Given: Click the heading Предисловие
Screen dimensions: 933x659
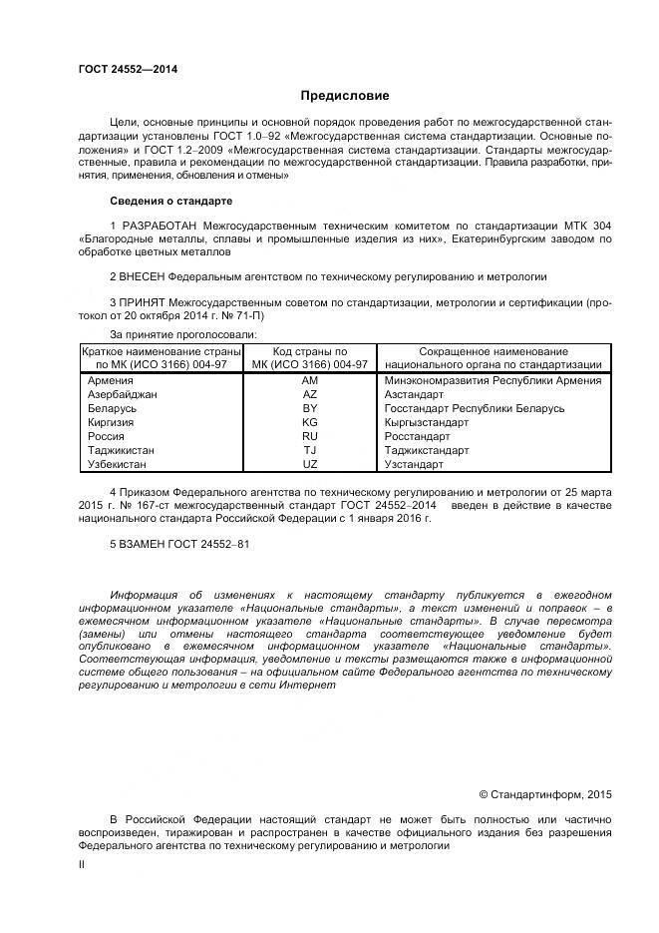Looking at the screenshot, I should (x=345, y=96).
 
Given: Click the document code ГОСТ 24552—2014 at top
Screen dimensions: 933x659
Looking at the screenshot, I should (x=122, y=69).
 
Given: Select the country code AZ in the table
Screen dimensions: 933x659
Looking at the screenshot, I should (x=310, y=394).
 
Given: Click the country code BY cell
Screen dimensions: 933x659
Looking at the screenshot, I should (x=310, y=408).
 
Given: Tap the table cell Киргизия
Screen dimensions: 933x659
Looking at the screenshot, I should (x=112, y=422).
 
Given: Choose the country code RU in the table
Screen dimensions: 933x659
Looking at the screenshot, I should (x=310, y=436).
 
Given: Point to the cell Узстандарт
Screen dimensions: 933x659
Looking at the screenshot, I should (x=413, y=464).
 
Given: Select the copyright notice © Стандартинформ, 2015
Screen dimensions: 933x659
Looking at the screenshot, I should (x=544, y=794).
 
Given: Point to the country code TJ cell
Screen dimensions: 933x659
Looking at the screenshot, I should (x=310, y=450).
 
